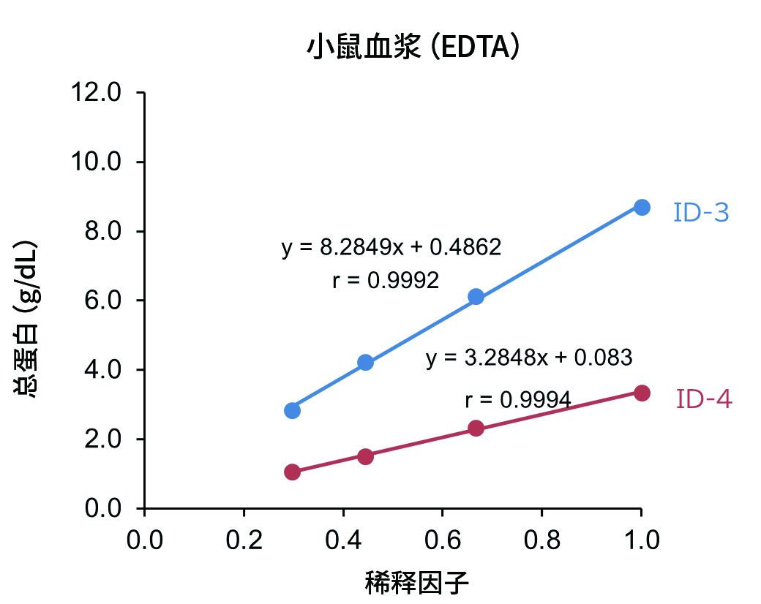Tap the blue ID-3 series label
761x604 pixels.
(x=701, y=213)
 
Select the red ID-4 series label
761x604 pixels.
(x=704, y=399)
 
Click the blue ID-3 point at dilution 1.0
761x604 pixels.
(x=642, y=207)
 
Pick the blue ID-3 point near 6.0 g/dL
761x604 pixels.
(x=476, y=296)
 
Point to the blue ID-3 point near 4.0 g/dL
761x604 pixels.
(x=366, y=362)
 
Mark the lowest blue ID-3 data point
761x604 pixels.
(x=293, y=410)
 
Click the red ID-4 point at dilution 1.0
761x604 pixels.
(x=642, y=393)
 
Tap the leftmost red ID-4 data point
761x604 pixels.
(x=293, y=472)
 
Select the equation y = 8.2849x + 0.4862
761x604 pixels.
(x=391, y=247)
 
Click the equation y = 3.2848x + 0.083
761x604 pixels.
(x=528, y=358)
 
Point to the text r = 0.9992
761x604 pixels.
(x=386, y=280)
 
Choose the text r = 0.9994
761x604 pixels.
(x=517, y=400)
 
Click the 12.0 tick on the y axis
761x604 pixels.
(x=104, y=93)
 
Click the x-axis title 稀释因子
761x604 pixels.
(x=416, y=584)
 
